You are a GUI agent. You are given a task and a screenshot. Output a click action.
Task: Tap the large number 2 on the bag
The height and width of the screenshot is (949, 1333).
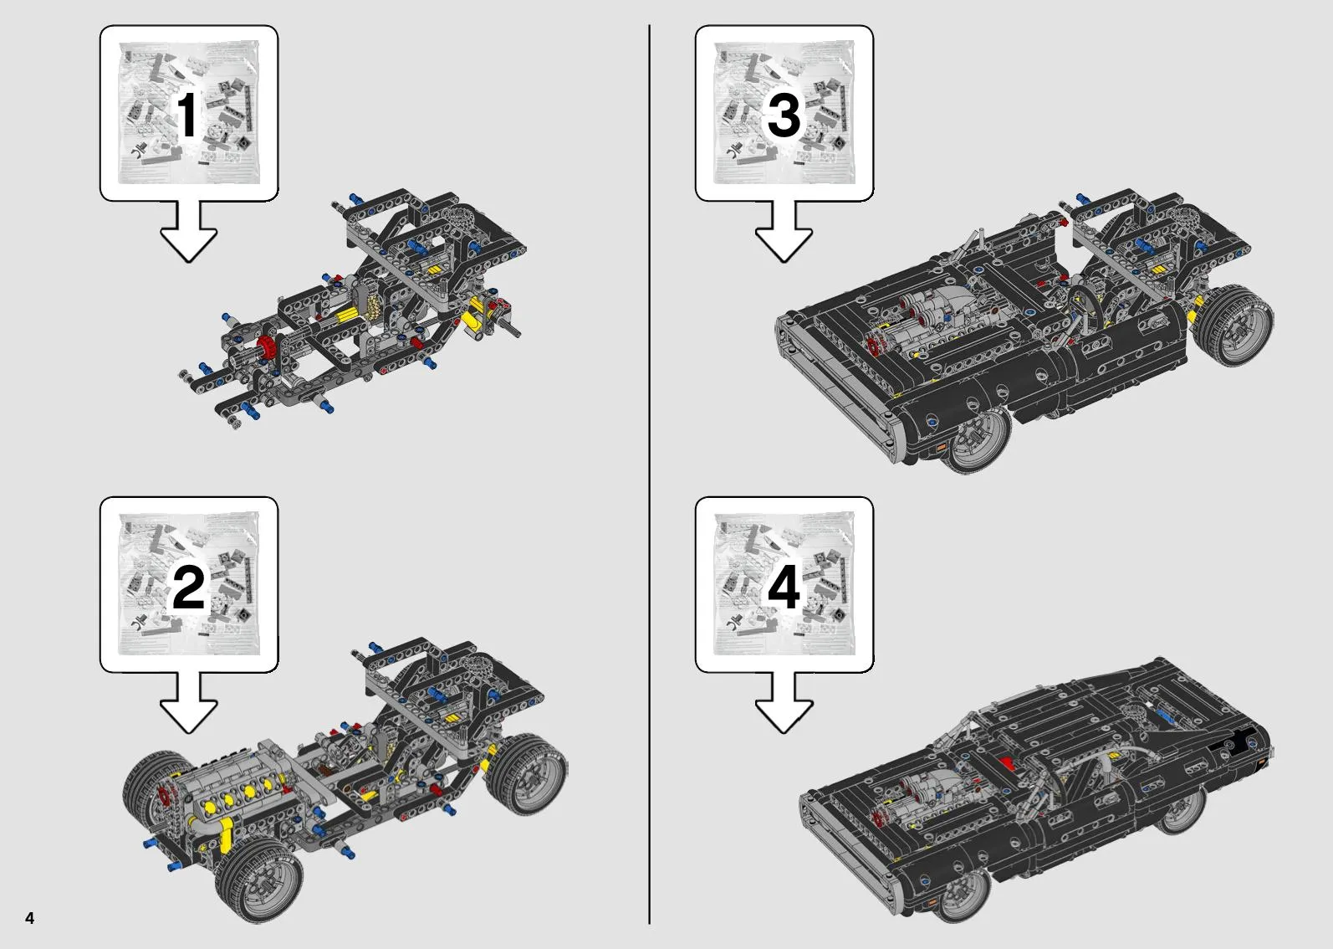click(x=188, y=587)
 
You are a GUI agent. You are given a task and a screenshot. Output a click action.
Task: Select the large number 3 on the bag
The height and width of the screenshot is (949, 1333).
click(x=784, y=115)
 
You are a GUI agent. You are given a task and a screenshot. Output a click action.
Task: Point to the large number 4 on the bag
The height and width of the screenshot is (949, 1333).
click(x=784, y=587)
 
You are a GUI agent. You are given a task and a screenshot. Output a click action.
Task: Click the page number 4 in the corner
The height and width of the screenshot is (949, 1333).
click(x=30, y=917)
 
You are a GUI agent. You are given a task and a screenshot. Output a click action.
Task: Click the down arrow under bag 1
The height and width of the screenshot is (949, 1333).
click(x=189, y=231)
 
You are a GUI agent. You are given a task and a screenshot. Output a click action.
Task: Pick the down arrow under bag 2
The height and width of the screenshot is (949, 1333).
click(x=189, y=702)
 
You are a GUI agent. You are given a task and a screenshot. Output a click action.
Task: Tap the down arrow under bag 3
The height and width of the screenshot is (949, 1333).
click(x=784, y=231)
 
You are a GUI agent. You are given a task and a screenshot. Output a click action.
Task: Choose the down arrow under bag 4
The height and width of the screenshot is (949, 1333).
click(x=784, y=702)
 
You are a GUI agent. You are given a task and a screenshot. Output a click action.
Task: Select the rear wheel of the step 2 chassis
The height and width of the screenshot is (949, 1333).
click(x=527, y=775)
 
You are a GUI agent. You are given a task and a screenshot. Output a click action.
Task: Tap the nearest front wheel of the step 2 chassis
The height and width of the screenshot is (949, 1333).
click(x=259, y=880)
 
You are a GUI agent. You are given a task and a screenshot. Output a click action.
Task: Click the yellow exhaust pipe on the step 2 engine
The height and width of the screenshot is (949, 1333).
click(x=224, y=834)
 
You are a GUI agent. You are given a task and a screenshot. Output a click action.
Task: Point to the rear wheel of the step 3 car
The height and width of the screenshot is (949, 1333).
click(x=1235, y=325)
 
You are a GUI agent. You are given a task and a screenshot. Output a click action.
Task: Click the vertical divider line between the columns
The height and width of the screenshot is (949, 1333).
click(x=649, y=474)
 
